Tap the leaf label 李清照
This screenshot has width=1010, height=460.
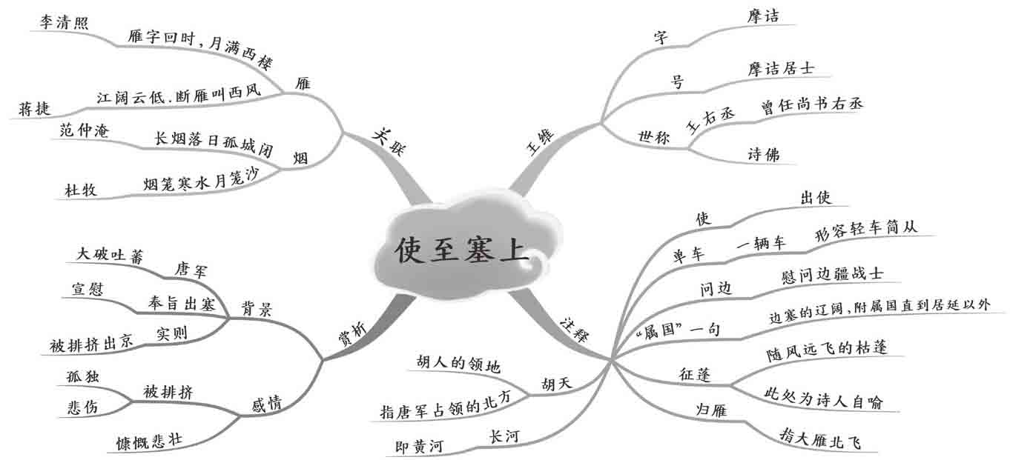click(63, 23)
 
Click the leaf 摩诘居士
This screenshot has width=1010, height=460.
click(781, 68)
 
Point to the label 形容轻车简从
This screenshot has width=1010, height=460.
click(866, 227)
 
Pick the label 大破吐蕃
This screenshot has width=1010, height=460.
click(110, 254)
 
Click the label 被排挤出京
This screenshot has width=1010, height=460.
click(91, 343)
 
